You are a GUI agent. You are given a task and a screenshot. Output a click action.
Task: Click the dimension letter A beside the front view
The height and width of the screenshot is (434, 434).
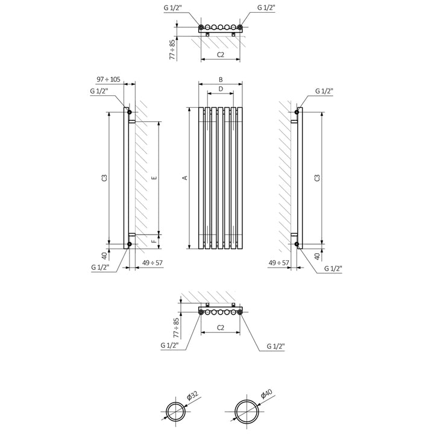(185, 177)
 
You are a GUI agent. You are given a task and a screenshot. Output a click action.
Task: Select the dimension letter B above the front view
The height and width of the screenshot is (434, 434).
(221, 80)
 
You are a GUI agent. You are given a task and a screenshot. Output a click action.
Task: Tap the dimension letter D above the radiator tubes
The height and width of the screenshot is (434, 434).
(221, 89)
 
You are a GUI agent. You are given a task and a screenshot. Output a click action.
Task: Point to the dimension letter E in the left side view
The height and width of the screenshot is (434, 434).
(154, 178)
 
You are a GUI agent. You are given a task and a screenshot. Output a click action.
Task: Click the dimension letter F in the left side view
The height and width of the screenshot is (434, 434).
(154, 240)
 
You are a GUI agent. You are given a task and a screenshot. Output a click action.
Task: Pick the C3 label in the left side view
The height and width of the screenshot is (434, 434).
(104, 178)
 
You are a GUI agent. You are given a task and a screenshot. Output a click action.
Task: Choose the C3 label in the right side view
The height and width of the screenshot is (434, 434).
(318, 178)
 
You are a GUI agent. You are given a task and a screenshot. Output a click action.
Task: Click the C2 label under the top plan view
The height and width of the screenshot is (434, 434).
(221, 55)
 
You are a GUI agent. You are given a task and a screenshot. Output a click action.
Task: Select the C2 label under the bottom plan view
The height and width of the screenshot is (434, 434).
(221, 327)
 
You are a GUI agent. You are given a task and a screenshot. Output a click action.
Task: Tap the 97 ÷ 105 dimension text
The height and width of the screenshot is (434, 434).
(108, 80)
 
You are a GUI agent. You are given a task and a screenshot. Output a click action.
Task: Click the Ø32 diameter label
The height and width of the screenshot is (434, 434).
(192, 396)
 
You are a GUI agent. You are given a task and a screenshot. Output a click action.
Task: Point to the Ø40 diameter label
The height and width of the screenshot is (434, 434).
(266, 395)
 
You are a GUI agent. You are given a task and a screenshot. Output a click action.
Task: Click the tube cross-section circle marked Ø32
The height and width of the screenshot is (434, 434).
(176, 412)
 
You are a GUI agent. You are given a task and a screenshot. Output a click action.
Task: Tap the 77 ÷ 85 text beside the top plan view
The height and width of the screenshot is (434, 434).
(173, 49)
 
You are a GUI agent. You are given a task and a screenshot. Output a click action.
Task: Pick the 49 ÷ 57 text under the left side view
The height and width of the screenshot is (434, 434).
(149, 263)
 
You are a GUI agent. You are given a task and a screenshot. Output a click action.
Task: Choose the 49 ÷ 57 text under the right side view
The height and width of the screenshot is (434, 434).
(278, 263)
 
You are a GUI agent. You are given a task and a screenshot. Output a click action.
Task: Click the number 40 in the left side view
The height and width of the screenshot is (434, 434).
(104, 255)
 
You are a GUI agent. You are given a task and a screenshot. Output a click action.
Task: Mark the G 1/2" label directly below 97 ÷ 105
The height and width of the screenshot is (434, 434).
(98, 91)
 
